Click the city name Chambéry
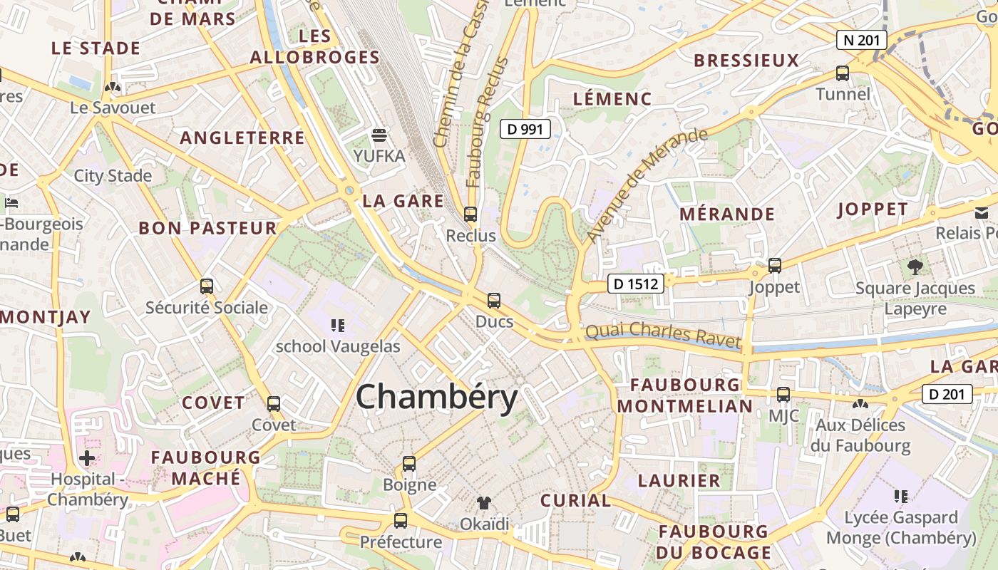[436, 398]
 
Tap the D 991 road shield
[525, 129]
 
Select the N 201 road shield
[861, 40]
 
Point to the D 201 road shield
[947, 394]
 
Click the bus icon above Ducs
[494, 301]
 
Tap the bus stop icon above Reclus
[470, 214]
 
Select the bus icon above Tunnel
[843, 73]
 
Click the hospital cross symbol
[87, 457]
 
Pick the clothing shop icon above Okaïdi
[485, 503]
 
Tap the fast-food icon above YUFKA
[379, 135]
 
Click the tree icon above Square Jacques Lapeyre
[915, 267]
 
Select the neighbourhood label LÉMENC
[612, 99]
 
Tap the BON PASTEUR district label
[207, 228]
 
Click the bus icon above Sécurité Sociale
[207, 286]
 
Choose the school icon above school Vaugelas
[338, 326]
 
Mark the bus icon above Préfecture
[401, 521]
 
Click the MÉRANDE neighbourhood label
[727, 214]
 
